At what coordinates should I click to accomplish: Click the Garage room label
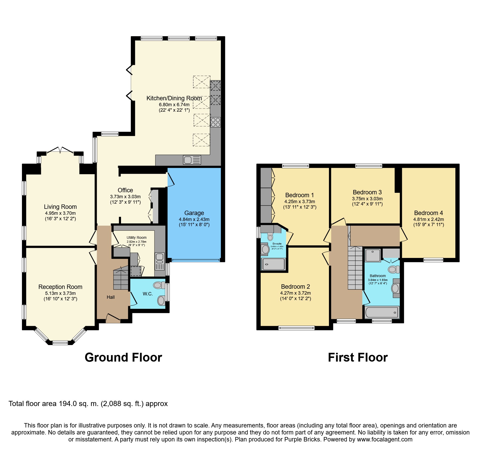pos(194,213)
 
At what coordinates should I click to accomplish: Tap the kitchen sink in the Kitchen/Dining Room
pos(192,160)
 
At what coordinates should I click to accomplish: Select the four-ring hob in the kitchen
pos(215,122)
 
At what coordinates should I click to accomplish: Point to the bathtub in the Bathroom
pos(382,312)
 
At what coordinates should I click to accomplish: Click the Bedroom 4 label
pos(429,213)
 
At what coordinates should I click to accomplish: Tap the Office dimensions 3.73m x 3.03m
pos(125,197)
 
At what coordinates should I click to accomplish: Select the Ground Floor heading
pos(123,357)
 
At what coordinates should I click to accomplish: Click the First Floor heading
pos(358,357)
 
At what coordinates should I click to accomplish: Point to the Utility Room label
pos(137,238)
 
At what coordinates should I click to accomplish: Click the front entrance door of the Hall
pos(113,318)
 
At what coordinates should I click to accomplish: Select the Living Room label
pos(60,207)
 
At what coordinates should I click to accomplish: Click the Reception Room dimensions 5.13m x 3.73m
pos(61,293)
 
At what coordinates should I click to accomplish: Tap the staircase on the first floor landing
pos(355,268)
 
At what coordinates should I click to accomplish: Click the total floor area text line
pos(88,404)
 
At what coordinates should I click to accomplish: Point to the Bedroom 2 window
pos(296,328)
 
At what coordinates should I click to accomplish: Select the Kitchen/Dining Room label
pos(174,98)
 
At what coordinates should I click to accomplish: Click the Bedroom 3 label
pos(367,192)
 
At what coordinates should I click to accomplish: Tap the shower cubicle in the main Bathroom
pos(373,255)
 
